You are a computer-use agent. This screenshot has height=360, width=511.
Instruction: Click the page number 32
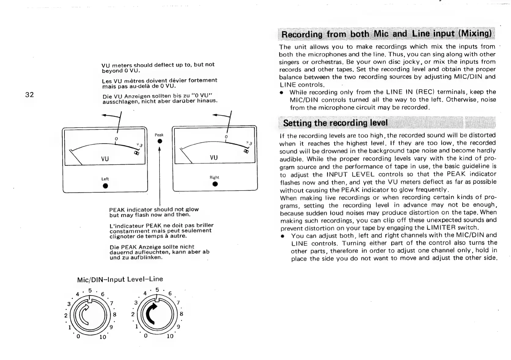[29, 95]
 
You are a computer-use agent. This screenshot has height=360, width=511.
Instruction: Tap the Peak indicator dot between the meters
[159, 141]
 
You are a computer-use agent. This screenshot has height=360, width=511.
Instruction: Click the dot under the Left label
[105, 186]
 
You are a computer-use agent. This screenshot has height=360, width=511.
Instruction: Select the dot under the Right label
[215, 184]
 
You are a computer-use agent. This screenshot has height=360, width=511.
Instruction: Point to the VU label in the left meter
[105, 159]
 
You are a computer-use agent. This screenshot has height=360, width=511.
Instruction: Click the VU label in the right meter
[214, 158]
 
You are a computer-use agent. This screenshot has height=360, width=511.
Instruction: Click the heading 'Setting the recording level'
[335, 123]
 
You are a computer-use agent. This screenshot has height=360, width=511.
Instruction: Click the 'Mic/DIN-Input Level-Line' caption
[120, 279]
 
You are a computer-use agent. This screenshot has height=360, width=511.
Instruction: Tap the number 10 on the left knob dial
[103, 337]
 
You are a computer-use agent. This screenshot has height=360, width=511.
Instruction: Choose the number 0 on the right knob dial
[146, 336]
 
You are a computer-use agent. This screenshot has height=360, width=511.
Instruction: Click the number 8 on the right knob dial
[181, 314]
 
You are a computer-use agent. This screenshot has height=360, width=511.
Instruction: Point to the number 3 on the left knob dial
[69, 304]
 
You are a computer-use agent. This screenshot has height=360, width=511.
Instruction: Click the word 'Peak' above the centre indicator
[159, 135]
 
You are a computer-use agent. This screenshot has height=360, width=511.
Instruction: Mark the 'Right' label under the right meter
[214, 177]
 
